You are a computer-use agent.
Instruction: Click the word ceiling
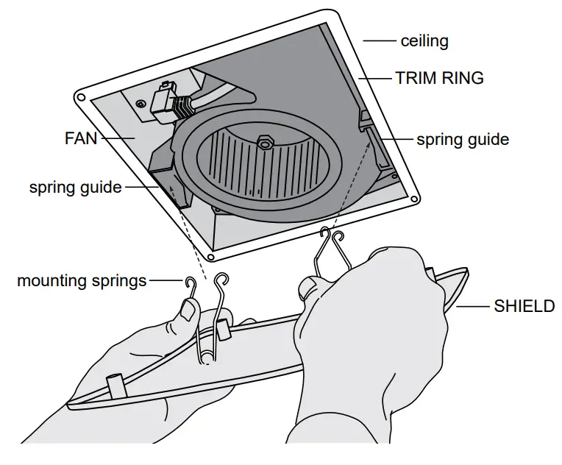(x=424, y=41)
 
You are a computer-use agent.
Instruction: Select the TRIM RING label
(x=440, y=78)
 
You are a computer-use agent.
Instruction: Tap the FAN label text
(x=81, y=138)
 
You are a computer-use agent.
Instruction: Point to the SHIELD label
(x=524, y=306)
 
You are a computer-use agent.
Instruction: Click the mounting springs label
(x=82, y=280)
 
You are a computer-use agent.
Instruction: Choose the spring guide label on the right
(x=463, y=138)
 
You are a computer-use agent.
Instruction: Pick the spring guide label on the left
(x=75, y=187)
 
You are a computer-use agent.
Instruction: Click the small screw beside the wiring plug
(x=140, y=104)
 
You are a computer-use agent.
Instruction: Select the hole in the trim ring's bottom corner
(x=211, y=257)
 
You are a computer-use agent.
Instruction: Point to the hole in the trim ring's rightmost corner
(x=416, y=199)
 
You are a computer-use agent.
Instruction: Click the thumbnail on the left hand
(x=188, y=313)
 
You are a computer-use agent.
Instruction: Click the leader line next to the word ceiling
(x=379, y=41)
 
